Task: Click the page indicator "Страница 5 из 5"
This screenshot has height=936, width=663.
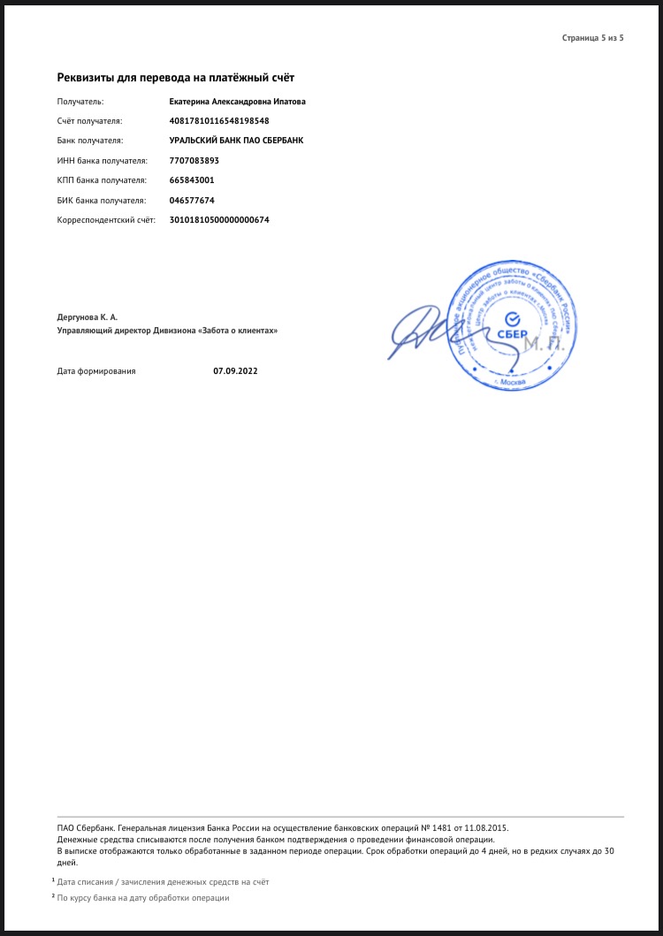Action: tap(592, 38)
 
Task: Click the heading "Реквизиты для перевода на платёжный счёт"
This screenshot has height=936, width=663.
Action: tap(175, 79)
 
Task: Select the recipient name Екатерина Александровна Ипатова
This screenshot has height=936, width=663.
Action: tap(237, 102)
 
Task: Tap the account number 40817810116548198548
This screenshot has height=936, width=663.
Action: tap(219, 121)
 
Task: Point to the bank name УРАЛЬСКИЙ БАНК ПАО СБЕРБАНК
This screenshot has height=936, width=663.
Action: tap(236, 141)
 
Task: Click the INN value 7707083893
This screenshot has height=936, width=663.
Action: tap(194, 161)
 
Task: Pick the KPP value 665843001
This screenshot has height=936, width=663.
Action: tap(191, 180)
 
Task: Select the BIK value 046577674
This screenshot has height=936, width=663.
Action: tap(192, 200)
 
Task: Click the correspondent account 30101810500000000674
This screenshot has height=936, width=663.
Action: tap(219, 219)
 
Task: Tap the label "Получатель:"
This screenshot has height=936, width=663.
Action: tap(80, 102)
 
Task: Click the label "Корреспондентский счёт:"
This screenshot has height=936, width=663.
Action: tap(105, 219)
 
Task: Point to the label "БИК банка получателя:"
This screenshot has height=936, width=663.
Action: tap(100, 200)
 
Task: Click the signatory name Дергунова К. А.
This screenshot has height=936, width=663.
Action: tap(87, 316)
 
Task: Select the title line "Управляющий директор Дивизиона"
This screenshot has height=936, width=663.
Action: tap(167, 331)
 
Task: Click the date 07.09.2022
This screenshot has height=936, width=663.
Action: tap(235, 371)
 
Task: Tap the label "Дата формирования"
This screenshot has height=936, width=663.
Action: tap(96, 371)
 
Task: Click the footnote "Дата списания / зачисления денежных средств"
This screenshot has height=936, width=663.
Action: tap(163, 882)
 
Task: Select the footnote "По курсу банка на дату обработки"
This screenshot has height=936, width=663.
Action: tap(143, 898)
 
